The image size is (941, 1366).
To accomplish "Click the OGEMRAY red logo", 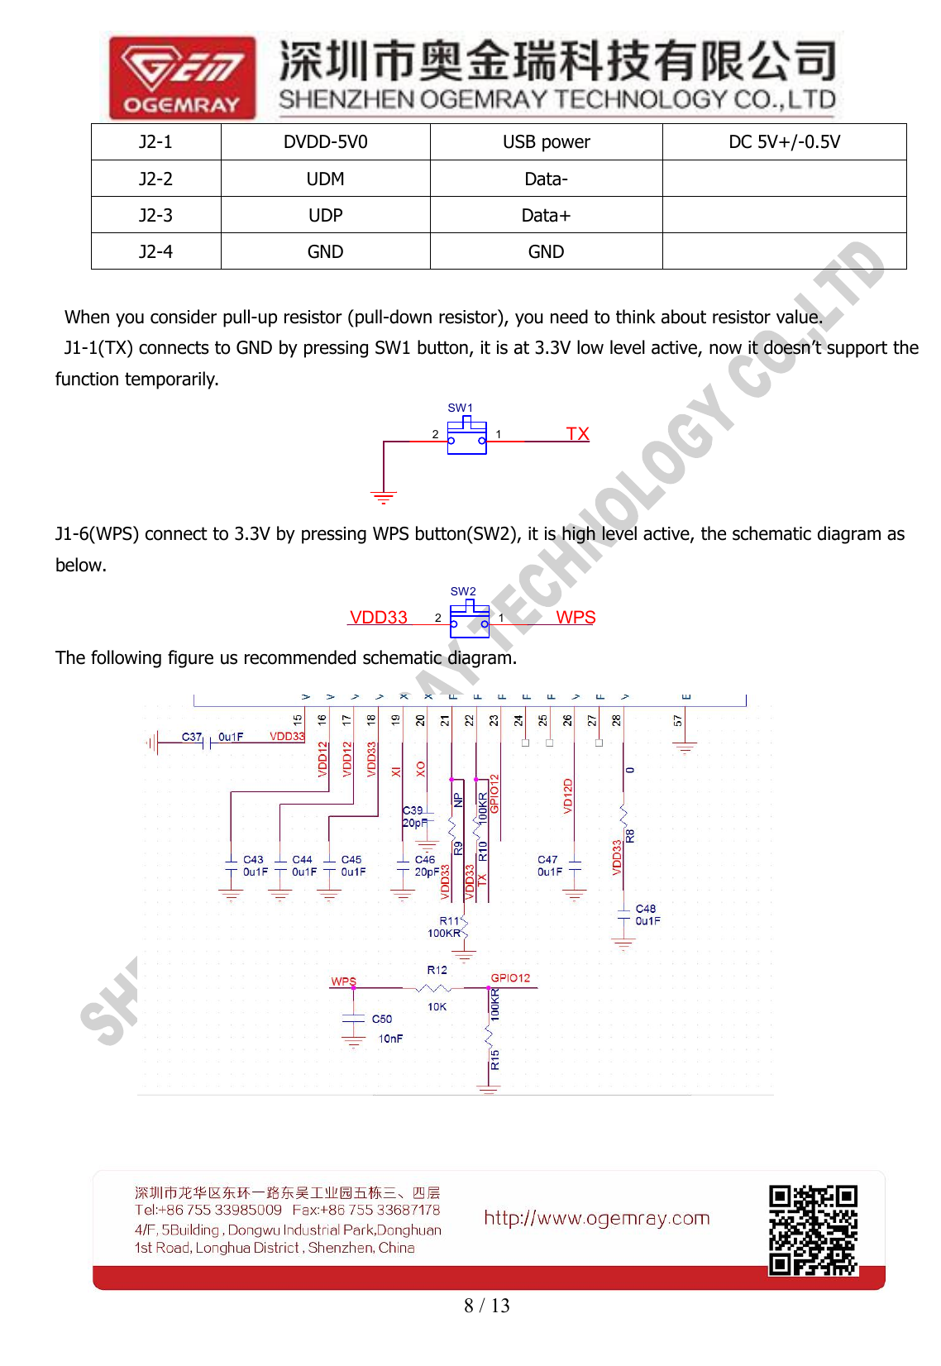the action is [x=182, y=77].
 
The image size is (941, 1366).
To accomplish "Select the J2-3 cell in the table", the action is [x=155, y=215].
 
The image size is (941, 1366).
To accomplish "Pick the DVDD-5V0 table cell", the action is [x=325, y=142].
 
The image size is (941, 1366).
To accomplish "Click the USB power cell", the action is [x=546, y=142].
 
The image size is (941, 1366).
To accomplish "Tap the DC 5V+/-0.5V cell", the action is [x=784, y=142].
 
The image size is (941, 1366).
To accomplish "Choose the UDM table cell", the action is [x=325, y=179].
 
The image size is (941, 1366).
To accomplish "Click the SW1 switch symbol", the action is [x=467, y=437].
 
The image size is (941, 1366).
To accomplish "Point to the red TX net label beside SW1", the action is [x=577, y=434].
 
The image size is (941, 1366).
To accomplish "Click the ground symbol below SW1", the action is [x=383, y=497].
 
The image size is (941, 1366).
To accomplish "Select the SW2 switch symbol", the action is [x=470, y=620].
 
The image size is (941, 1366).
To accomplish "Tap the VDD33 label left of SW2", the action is [x=379, y=618].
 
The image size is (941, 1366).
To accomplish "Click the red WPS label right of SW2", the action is [x=576, y=618].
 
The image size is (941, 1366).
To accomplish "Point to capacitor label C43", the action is [x=253, y=860].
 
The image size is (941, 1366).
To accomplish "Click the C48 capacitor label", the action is [x=645, y=909].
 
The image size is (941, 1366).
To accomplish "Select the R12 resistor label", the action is [x=437, y=970].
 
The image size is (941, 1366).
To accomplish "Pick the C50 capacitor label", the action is [x=381, y=1020].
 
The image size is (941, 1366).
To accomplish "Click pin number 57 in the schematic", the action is [x=678, y=721].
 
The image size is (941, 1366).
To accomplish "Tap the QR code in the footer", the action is [x=813, y=1230].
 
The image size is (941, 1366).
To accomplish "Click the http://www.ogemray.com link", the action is [x=596, y=1218].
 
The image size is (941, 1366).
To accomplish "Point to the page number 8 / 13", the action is [x=486, y=1306].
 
